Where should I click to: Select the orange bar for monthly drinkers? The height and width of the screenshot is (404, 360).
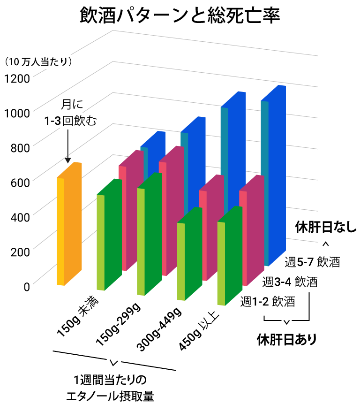(68, 225)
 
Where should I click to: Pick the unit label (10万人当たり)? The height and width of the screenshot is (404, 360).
(37, 61)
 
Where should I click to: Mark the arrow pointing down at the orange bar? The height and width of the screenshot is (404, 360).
(68, 145)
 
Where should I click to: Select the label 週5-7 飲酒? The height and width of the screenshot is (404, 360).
(312, 262)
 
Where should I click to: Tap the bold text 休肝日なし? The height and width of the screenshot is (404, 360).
(326, 228)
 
